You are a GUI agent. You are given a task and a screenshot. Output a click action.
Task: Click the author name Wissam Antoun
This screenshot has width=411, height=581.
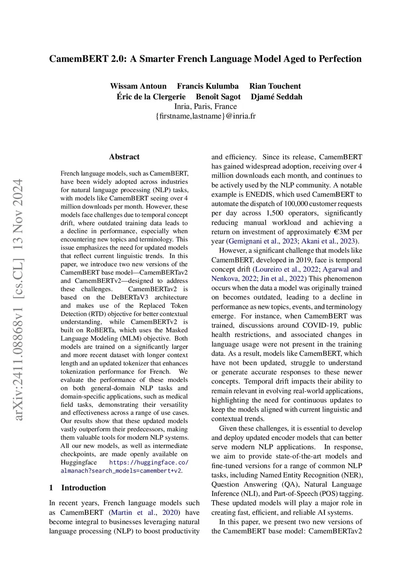tap(138, 86)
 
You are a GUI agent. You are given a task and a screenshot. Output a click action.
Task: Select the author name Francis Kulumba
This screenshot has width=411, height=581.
tap(208, 86)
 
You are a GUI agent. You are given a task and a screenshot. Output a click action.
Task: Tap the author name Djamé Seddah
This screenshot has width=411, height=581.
tap(277, 97)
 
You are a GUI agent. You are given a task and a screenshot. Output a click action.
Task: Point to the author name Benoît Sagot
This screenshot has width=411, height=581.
tap(218, 97)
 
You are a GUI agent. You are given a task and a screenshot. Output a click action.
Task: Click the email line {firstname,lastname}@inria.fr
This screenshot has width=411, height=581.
tap(205, 116)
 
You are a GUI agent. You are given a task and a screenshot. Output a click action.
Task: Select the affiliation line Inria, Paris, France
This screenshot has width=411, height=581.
tap(205, 107)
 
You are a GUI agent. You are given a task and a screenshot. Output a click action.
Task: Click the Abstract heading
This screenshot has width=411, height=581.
tap(124, 157)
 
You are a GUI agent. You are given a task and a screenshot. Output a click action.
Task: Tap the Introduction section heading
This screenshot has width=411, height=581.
tap(83, 488)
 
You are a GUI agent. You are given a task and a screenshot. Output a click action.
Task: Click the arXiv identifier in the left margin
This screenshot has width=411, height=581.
tap(18, 299)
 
